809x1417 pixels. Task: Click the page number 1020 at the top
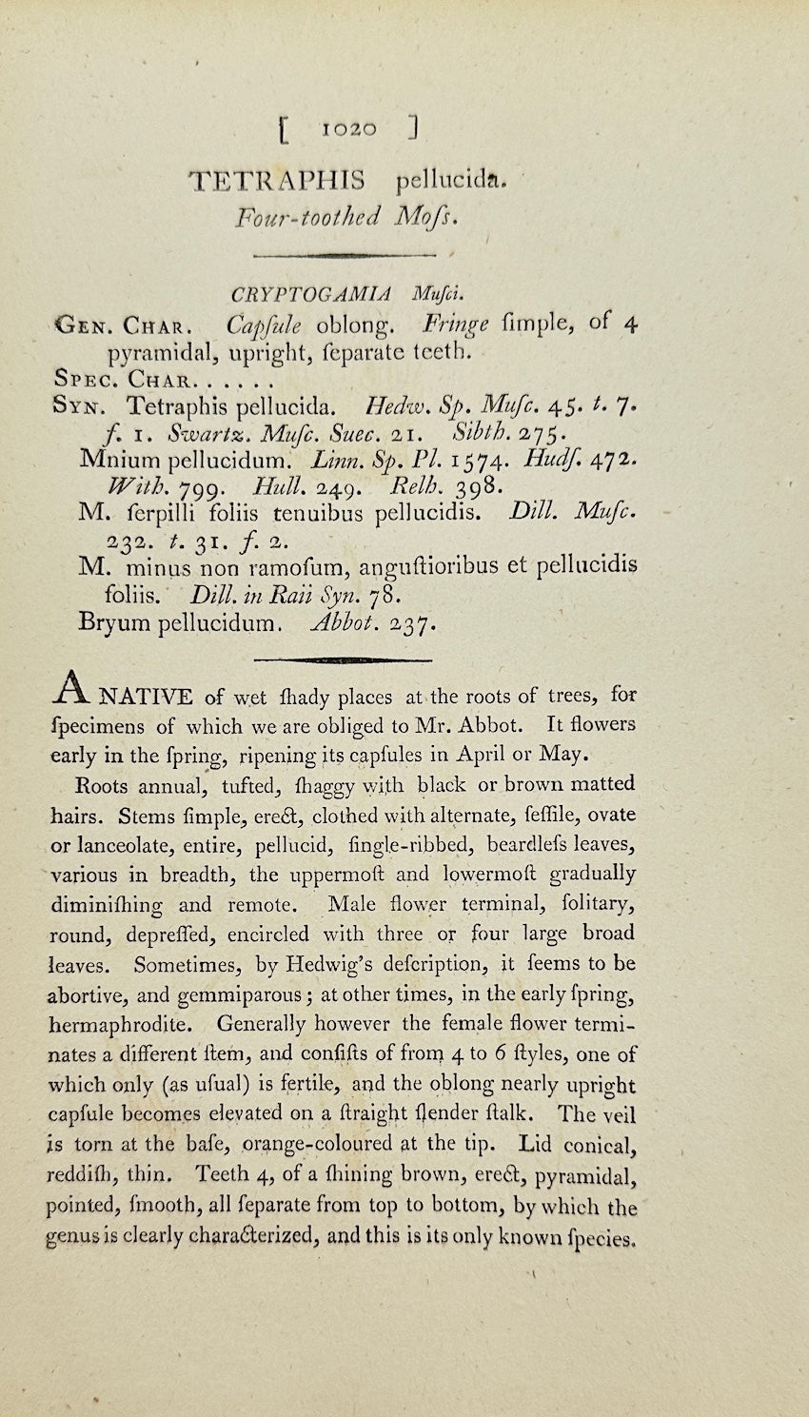[x=349, y=129]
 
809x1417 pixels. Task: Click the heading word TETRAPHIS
[x=277, y=180]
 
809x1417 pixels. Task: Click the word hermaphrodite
[x=124, y=1025]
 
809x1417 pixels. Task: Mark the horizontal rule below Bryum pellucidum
[x=345, y=659]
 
